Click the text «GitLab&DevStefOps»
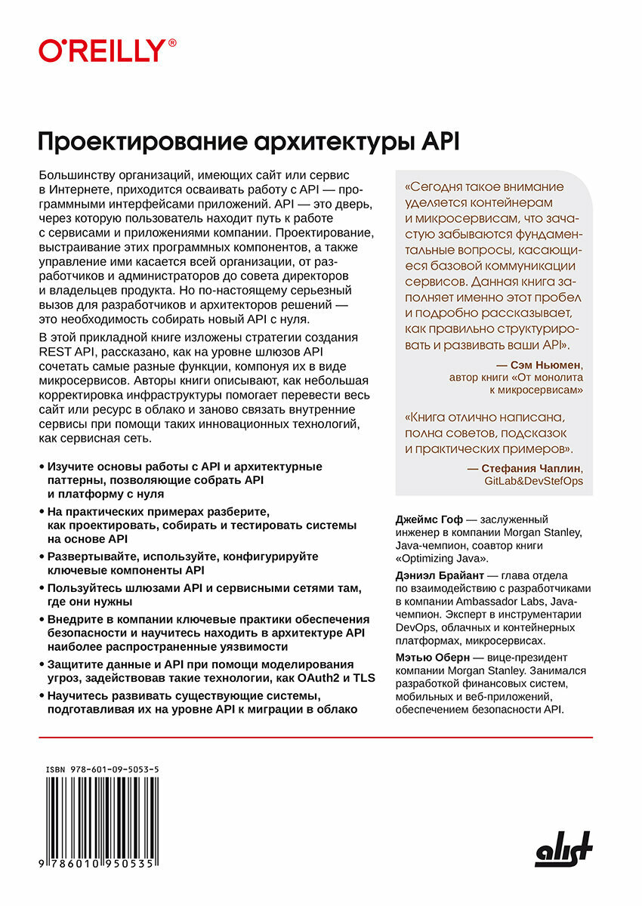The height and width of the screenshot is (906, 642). click(x=534, y=481)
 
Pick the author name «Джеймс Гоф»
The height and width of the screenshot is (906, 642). click(x=427, y=519)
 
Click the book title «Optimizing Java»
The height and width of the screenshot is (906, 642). click(x=445, y=559)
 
